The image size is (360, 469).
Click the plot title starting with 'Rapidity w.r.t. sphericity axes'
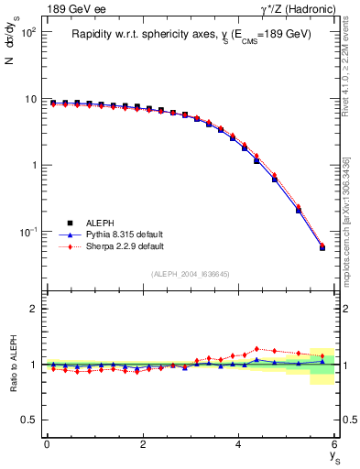[191, 35]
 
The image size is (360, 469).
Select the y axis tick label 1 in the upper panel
[36, 166]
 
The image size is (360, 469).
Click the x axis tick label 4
[239, 443]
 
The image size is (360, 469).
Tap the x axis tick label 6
[335, 443]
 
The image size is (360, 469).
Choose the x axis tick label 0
[47, 443]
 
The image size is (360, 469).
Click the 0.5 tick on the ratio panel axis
[31, 420]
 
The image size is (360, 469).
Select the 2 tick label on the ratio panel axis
[35, 310]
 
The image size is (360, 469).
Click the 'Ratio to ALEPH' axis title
[14, 364]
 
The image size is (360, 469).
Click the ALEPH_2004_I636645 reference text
[190, 274]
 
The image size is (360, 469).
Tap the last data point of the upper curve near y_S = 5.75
[322, 247]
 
